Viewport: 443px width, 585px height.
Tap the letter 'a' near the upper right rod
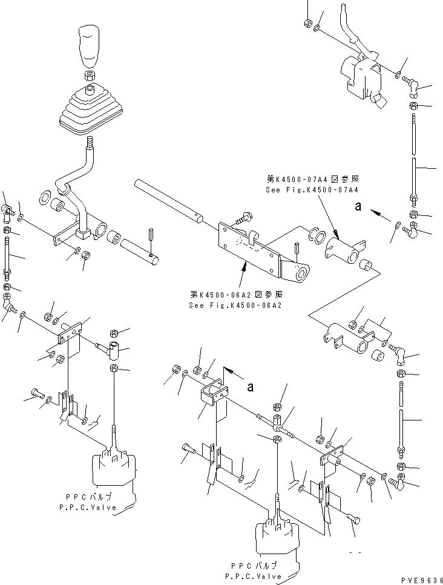pyautogui.click(x=358, y=207)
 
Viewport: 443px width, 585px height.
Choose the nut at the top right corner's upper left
pyautogui.click(x=307, y=24)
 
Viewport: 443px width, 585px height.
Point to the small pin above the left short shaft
pyautogui.click(x=151, y=233)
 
